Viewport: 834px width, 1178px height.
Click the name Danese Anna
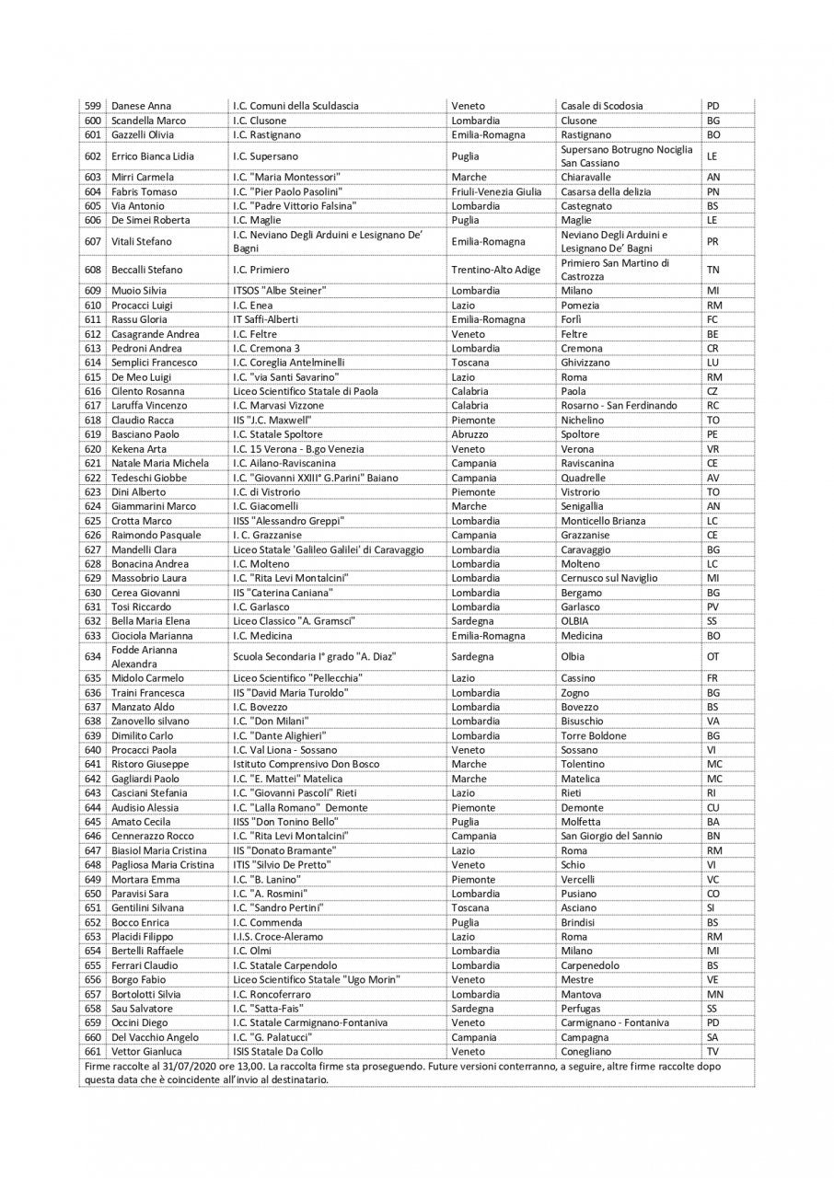pos(141,106)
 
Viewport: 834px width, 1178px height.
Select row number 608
pos(92,270)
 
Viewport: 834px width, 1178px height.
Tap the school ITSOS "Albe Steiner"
pos(280,291)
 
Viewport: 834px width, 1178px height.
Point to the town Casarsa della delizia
pos(606,191)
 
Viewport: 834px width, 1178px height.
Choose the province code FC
pos(712,319)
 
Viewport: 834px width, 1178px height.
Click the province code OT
pos(712,657)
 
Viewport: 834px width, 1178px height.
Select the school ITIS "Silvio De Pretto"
pos(282,865)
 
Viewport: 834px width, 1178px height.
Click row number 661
pos(92,1051)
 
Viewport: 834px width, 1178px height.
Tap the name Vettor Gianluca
pos(146,1051)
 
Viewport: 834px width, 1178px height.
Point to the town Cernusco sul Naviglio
pos(609,578)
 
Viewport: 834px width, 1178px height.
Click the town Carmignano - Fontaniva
pos(614,1022)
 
